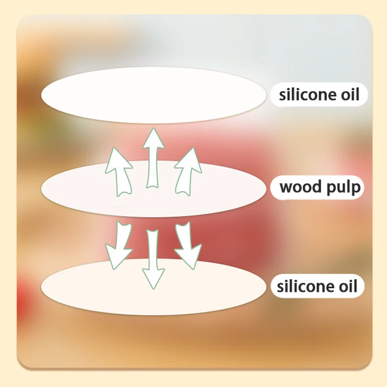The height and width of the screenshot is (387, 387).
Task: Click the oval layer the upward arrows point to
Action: (154, 94)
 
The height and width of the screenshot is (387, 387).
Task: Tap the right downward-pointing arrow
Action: (188, 243)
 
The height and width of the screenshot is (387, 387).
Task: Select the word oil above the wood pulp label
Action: (350, 95)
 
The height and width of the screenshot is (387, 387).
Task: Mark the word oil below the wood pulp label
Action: (348, 286)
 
